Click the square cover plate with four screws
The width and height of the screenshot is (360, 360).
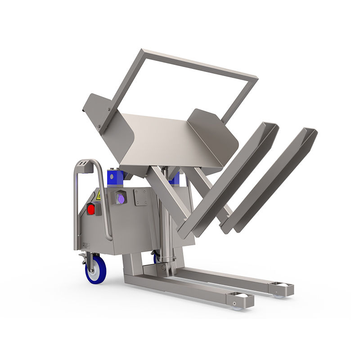point(140,197)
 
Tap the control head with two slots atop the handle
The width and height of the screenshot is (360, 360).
point(82,165)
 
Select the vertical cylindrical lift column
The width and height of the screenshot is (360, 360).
point(166,225)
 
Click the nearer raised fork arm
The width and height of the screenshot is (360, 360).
point(227,180)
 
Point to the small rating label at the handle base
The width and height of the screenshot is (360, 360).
point(85,245)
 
